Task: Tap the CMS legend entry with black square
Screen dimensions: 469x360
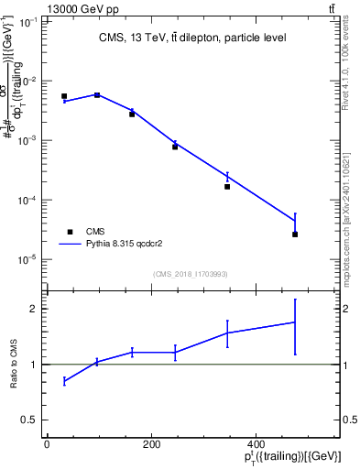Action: click(x=95, y=232)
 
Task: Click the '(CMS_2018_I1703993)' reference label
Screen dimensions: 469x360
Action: click(x=190, y=273)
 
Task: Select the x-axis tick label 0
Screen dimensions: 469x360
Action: click(x=47, y=444)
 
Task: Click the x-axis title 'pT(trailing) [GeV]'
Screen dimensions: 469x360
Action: click(x=294, y=457)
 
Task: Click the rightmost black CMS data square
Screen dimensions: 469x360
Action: click(x=295, y=234)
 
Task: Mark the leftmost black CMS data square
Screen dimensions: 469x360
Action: click(x=64, y=96)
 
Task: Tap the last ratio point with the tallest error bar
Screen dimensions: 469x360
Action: click(x=295, y=322)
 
